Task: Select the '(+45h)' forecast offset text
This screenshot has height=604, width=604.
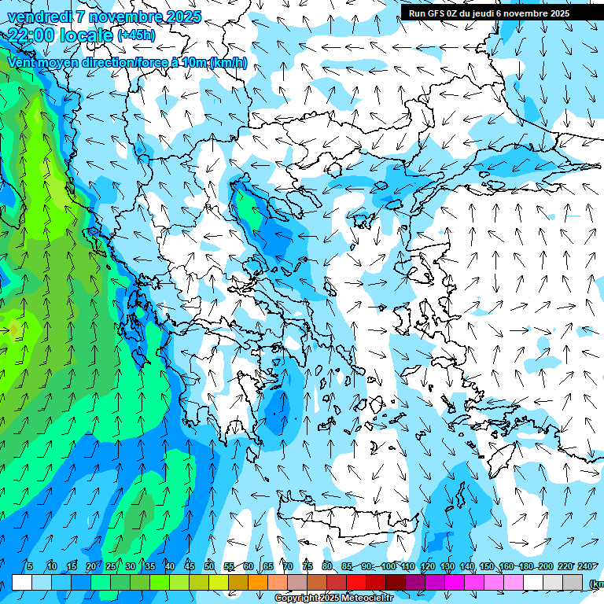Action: [136, 35]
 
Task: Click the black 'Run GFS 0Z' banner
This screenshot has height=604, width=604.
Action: [495, 13]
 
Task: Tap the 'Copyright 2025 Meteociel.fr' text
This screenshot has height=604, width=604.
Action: [333, 598]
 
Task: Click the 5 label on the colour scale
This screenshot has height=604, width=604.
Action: [30, 567]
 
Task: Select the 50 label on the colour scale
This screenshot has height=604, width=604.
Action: [208, 567]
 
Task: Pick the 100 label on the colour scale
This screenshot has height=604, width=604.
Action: [388, 567]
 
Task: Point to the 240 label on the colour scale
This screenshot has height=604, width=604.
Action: [585, 567]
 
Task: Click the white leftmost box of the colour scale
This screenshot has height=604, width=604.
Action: [22, 582]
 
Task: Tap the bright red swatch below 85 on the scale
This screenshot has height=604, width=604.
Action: [356, 582]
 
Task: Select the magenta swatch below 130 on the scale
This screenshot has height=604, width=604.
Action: [455, 582]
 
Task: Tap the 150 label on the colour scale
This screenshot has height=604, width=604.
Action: [487, 567]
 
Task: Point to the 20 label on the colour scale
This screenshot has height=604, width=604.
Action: [90, 567]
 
